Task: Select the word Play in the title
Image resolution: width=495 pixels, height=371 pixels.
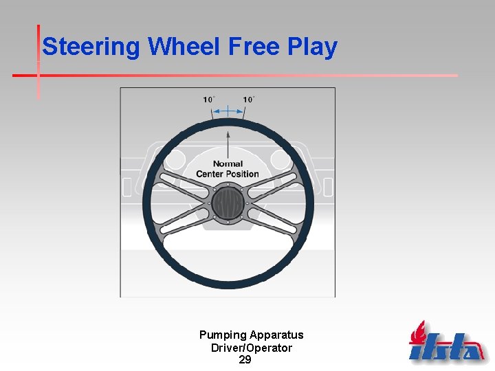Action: pos(313,47)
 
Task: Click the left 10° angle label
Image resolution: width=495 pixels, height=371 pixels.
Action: pos(209,100)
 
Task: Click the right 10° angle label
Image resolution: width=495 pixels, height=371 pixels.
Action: pos(248,100)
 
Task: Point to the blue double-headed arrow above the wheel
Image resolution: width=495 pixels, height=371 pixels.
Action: pos(228,110)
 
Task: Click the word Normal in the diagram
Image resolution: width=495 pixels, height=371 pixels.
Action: pos(228,164)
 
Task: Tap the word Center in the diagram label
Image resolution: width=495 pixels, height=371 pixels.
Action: pos(210,174)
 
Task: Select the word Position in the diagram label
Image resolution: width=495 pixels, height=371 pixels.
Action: pos(242,174)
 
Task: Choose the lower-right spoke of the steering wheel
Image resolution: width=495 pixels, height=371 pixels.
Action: pos(272,225)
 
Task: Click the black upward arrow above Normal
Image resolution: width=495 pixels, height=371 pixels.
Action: pos(228,141)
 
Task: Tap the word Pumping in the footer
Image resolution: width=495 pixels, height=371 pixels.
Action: pos(223,335)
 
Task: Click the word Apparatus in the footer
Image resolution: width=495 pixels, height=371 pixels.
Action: pos(276,335)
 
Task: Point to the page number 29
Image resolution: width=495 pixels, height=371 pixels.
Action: pos(245,359)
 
